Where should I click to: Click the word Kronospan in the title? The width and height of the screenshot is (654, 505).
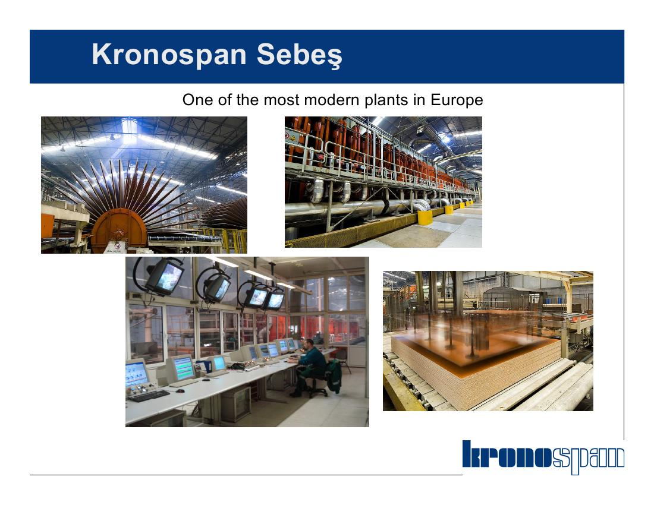pyautogui.click(x=169, y=55)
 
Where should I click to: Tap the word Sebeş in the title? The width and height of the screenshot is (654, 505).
pyautogui.click(x=300, y=55)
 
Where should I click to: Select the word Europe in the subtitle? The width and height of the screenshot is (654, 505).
pyautogui.click(x=457, y=100)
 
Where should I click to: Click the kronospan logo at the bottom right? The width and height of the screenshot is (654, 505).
pyautogui.click(x=543, y=457)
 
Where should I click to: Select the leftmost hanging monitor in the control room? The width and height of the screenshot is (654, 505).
pyautogui.click(x=164, y=276)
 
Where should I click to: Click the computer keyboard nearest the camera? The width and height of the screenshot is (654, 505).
pyautogui.click(x=149, y=396)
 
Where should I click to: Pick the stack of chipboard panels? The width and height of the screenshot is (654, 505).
pyautogui.click(x=476, y=362)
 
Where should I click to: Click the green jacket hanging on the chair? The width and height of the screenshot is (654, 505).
pyautogui.click(x=335, y=376)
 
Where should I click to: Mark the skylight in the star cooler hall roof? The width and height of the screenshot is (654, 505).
pyautogui.click(x=129, y=127)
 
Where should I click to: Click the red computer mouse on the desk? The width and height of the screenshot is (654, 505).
pyautogui.click(x=180, y=390)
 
